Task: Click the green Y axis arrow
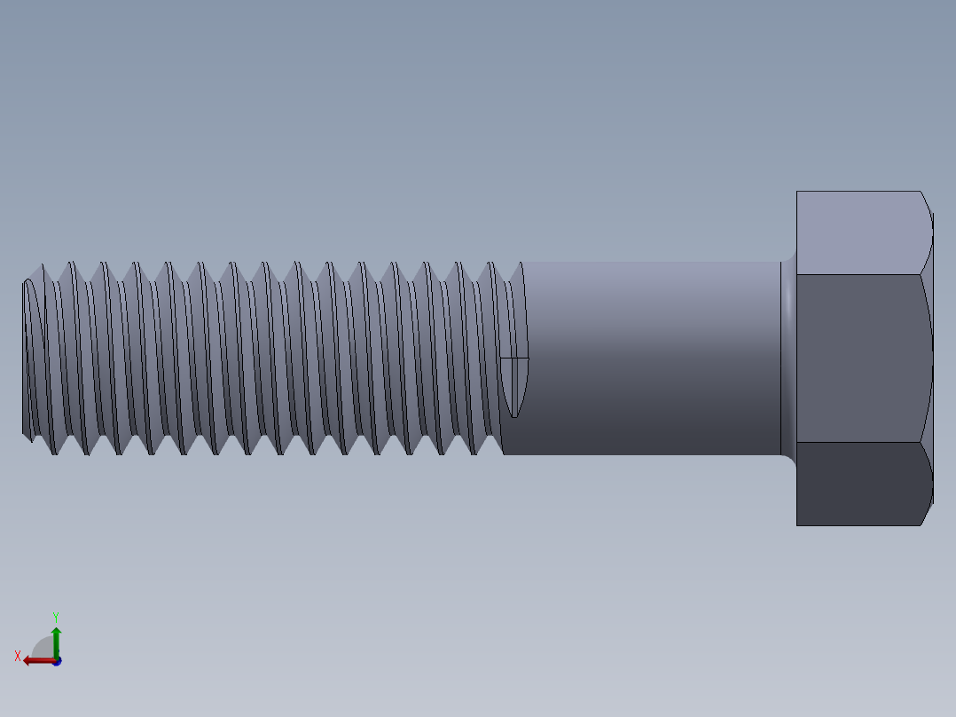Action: point(56,639)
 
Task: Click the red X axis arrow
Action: point(35,659)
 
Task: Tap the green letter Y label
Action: point(56,616)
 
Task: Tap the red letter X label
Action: point(18,657)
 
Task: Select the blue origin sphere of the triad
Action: point(57,661)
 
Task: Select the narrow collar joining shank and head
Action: point(788,358)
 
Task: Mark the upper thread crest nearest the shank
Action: point(490,264)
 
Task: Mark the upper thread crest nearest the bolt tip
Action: point(41,265)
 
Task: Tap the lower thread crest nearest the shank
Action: point(474,453)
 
